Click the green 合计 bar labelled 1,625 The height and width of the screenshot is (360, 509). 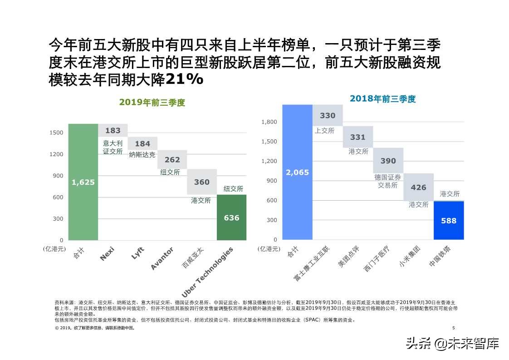click(83, 182)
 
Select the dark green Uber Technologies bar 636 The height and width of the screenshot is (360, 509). click(231, 217)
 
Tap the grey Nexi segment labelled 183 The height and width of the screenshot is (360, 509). click(113, 130)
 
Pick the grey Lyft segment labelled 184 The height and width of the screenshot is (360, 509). click(142, 143)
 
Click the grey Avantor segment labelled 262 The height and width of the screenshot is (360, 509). click(172, 159)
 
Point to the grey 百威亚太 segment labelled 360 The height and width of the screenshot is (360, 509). click(202, 182)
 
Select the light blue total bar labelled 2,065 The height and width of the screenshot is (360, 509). click(297, 172)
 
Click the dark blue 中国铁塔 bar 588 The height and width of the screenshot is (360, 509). click(449, 221)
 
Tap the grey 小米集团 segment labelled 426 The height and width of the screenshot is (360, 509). click(418, 187)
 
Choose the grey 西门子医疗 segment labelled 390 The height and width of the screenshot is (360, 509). click(388, 161)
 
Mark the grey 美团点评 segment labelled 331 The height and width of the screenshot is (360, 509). click(357, 137)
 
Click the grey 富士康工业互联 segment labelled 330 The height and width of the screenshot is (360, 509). click(328, 115)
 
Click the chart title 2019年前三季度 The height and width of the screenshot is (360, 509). click(152, 103)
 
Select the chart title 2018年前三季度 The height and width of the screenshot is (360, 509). click(382, 99)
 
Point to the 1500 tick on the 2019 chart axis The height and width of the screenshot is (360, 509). click(56, 133)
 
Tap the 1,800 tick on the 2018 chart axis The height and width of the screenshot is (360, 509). click(269, 122)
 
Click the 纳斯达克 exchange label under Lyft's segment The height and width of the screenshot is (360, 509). click(142, 155)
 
